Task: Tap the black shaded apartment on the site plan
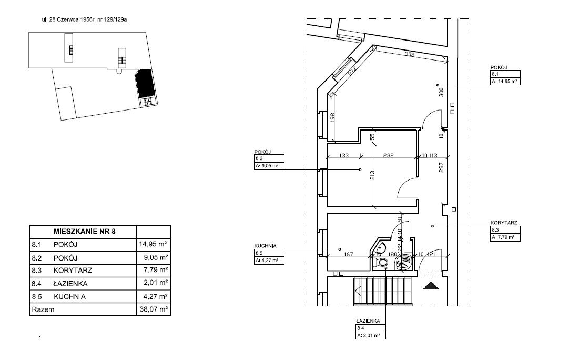146,84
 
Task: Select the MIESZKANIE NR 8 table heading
84,232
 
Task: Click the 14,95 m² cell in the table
153,244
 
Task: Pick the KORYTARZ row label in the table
73,271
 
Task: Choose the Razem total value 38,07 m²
154,310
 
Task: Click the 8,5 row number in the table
37,297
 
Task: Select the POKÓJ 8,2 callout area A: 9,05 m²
267,166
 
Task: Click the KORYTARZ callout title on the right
504,223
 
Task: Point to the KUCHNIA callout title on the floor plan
265,246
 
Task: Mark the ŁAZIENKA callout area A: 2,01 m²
368,336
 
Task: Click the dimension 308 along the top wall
410,55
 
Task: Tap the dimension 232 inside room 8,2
388,155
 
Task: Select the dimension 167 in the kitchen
348,254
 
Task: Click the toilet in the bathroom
380,263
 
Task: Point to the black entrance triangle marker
431,286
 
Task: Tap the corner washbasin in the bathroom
380,248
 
